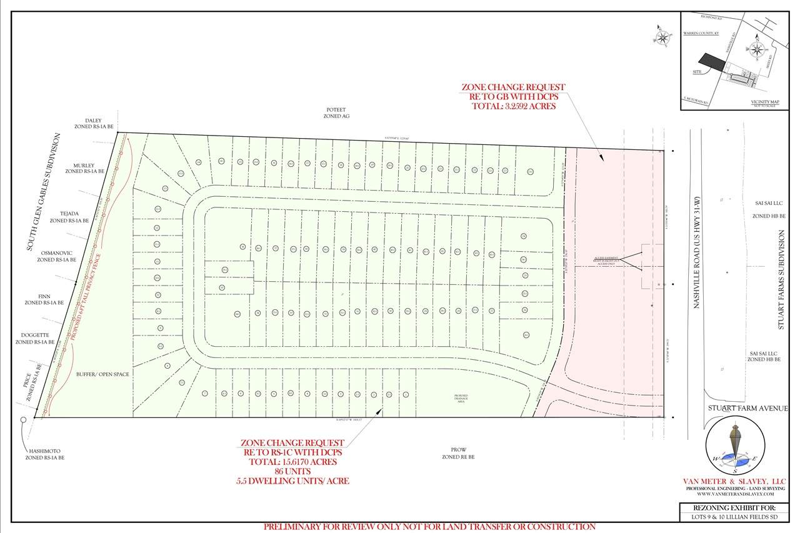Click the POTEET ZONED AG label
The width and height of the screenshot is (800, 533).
tap(331, 112)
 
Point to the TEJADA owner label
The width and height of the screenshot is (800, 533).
tap(69, 217)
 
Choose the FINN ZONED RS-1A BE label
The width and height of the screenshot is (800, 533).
tap(44, 299)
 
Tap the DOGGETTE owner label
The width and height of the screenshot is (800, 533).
tap(35, 339)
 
